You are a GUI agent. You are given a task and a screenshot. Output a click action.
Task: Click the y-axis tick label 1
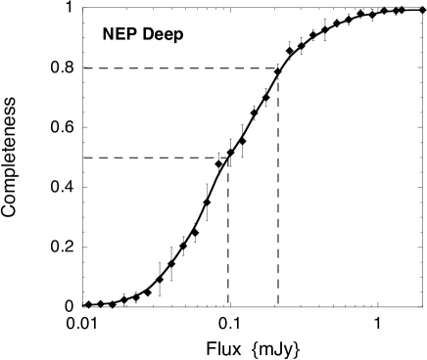pos(69,10)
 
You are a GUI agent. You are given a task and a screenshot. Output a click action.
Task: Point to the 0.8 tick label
pos(62,68)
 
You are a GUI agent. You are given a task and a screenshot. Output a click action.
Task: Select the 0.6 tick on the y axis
pos(62,128)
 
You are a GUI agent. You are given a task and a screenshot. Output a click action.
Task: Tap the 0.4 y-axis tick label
pos(62,188)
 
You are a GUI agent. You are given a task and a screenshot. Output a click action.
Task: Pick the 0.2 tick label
pos(62,247)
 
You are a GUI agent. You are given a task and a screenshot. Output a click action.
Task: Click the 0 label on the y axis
pos(69,306)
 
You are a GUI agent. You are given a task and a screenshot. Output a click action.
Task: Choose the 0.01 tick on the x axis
pos(82,324)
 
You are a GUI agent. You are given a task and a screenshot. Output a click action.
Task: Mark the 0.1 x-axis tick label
pos(230,324)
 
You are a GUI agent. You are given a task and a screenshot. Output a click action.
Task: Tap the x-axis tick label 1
pos(377,324)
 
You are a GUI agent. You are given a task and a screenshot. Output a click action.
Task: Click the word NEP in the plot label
pos(119,35)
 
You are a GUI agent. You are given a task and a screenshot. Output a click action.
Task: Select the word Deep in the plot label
pos(163,35)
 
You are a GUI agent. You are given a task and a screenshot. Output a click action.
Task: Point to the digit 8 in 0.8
pos(70,68)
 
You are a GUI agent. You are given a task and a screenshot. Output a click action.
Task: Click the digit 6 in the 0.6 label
pos(70,128)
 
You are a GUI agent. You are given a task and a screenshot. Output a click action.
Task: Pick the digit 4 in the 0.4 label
pos(70,188)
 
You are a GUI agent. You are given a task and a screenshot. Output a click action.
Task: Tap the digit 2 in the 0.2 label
pos(70,247)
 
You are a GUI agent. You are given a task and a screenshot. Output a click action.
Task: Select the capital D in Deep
pos(148,35)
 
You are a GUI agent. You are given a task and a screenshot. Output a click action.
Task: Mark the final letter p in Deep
pos(178,36)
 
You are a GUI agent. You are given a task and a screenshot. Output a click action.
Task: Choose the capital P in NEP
pos(131,35)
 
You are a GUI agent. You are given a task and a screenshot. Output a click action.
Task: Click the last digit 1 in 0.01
pos(94,324)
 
